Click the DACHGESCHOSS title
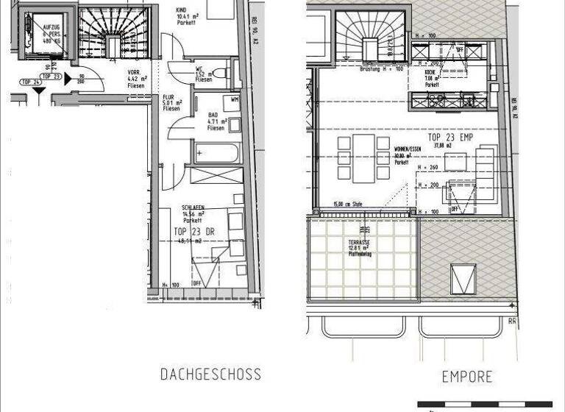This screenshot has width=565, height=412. (x=210, y=374)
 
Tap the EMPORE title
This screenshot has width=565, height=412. (x=467, y=377)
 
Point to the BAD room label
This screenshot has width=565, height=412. (x=213, y=116)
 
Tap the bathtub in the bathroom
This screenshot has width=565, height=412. (x=218, y=153)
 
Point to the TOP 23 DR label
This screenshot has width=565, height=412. (x=194, y=231)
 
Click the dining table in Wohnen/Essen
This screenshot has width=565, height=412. (x=363, y=157)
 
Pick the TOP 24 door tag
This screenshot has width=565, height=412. (x=30, y=82)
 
